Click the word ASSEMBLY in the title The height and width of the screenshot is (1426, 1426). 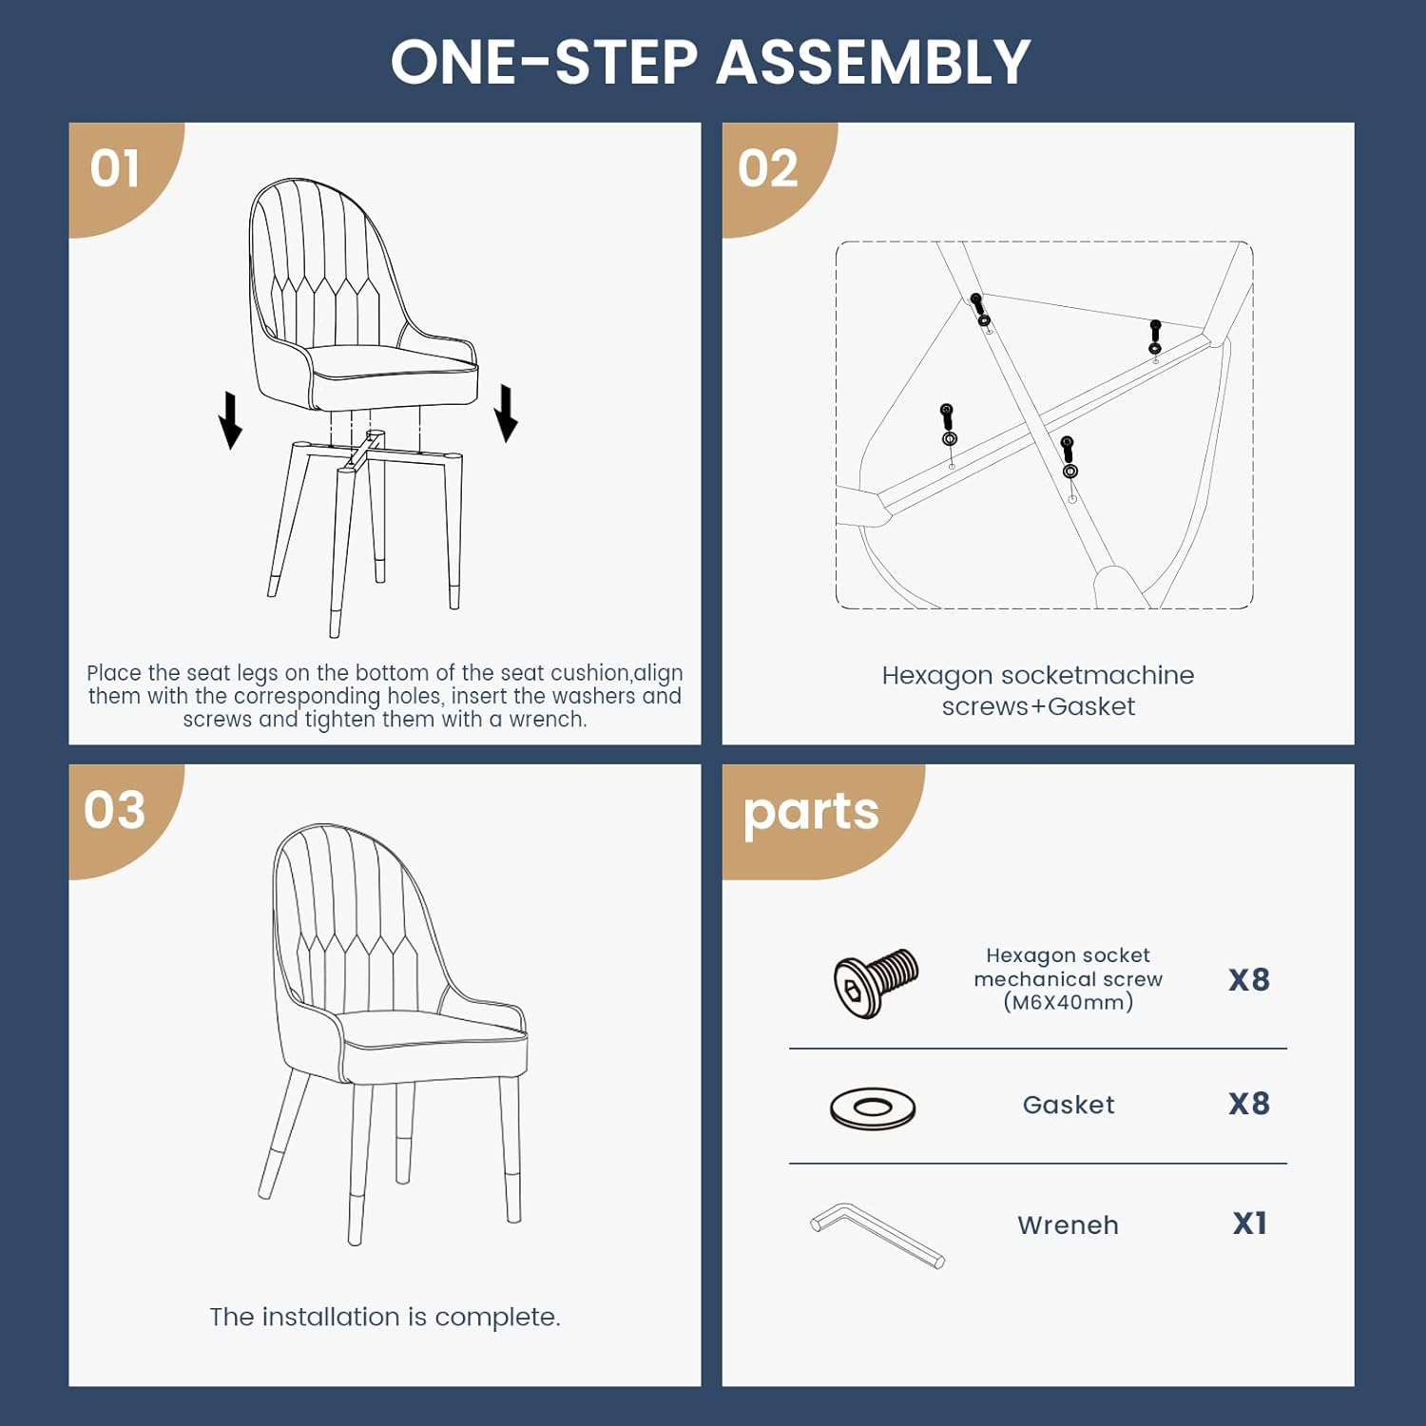(x=873, y=63)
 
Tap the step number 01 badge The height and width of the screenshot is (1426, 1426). (x=115, y=169)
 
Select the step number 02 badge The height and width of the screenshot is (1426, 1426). (x=767, y=169)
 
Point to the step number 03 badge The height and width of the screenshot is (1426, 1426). (x=115, y=810)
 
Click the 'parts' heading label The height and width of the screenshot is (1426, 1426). (x=810, y=813)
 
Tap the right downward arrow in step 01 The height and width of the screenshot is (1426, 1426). (x=507, y=414)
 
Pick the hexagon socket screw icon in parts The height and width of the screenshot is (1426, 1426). (x=876, y=982)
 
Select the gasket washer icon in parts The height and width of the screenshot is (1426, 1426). (x=873, y=1108)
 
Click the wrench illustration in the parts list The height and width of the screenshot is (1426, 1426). (x=877, y=1235)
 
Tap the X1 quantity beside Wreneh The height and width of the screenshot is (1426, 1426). (x=1249, y=1224)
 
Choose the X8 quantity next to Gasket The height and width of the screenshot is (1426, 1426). (x=1249, y=1104)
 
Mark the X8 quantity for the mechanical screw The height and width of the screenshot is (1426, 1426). (x=1249, y=980)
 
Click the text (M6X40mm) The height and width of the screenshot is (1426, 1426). (x=1069, y=1002)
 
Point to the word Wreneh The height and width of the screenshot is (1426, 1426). (x=1068, y=1225)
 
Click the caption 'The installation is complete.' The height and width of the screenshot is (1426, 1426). (x=385, y=1318)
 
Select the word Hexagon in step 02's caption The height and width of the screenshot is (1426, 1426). (x=937, y=677)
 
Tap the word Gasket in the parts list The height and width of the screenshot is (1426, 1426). (x=1069, y=1105)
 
